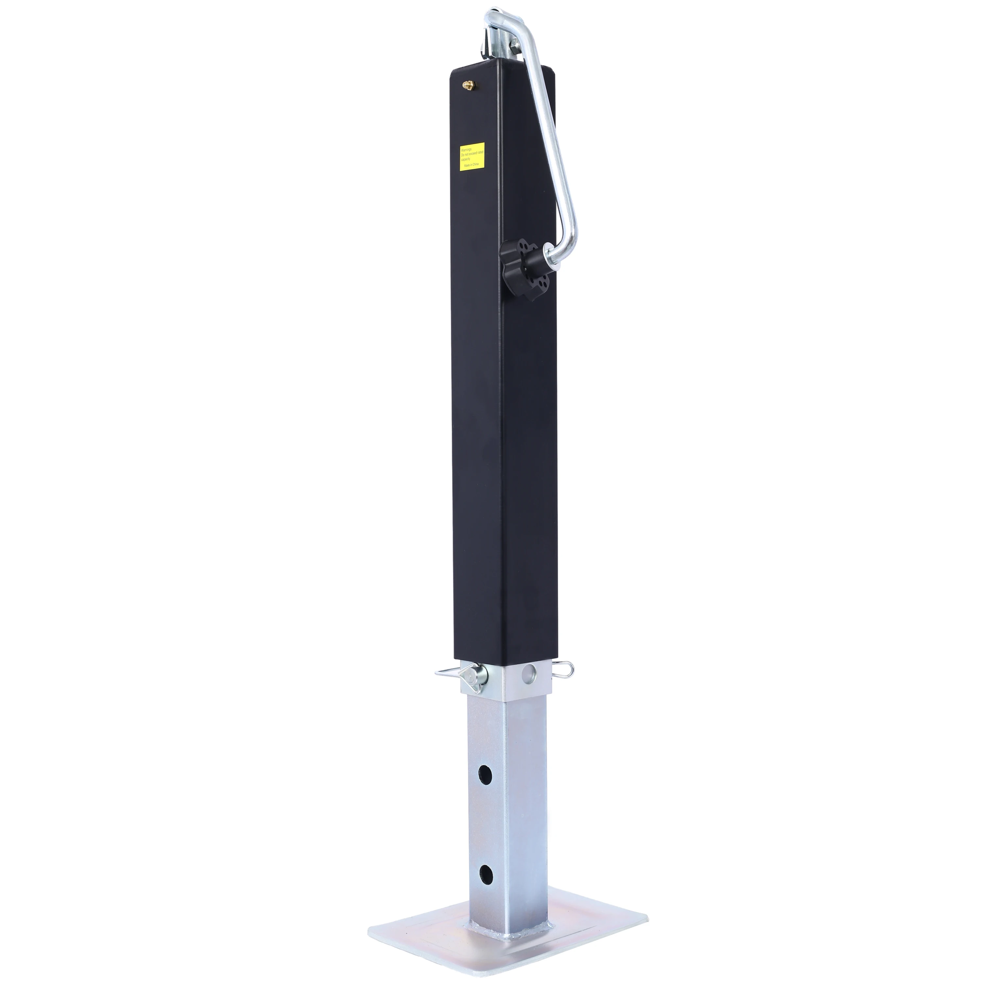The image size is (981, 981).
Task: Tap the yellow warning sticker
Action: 472,157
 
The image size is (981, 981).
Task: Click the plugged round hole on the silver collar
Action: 530,673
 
